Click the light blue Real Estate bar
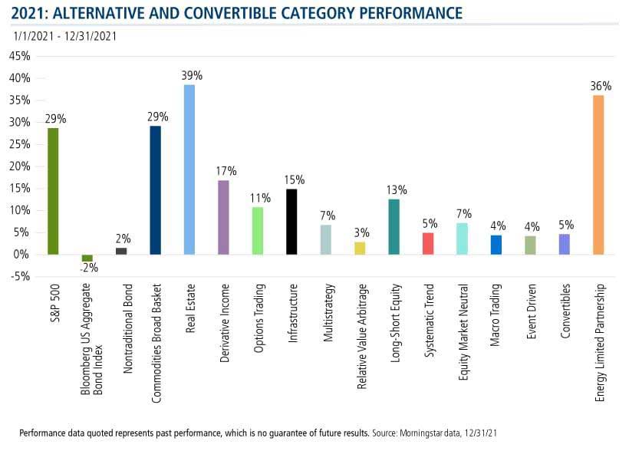pos(189,169)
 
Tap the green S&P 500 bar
pos(53,191)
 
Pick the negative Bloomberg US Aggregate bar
pos(87,258)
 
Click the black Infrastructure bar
pos(291,222)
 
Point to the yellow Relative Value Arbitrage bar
pos(360,248)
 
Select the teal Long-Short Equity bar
pos(394,226)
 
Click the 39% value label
pos(192,76)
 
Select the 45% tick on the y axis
pos(19,57)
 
